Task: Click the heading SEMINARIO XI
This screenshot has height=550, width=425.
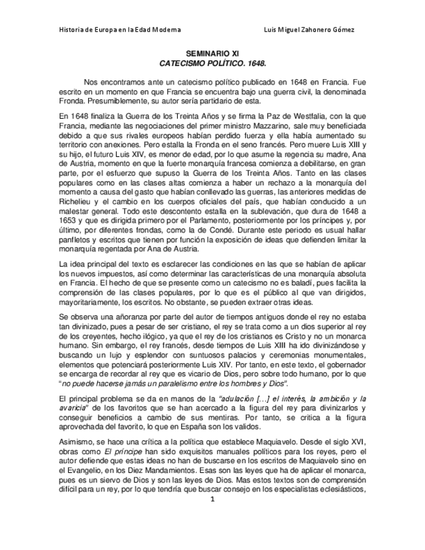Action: coord(212,56)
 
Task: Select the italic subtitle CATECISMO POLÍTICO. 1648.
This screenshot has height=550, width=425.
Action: coord(212,66)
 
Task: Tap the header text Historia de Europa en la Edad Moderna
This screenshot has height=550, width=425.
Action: coord(120,30)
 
